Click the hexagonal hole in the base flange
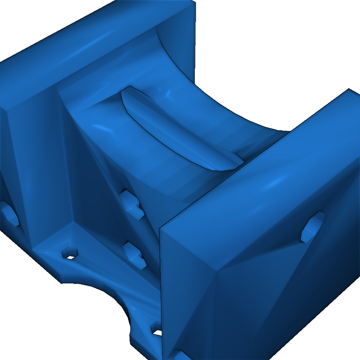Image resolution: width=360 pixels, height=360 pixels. coord(70,254)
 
